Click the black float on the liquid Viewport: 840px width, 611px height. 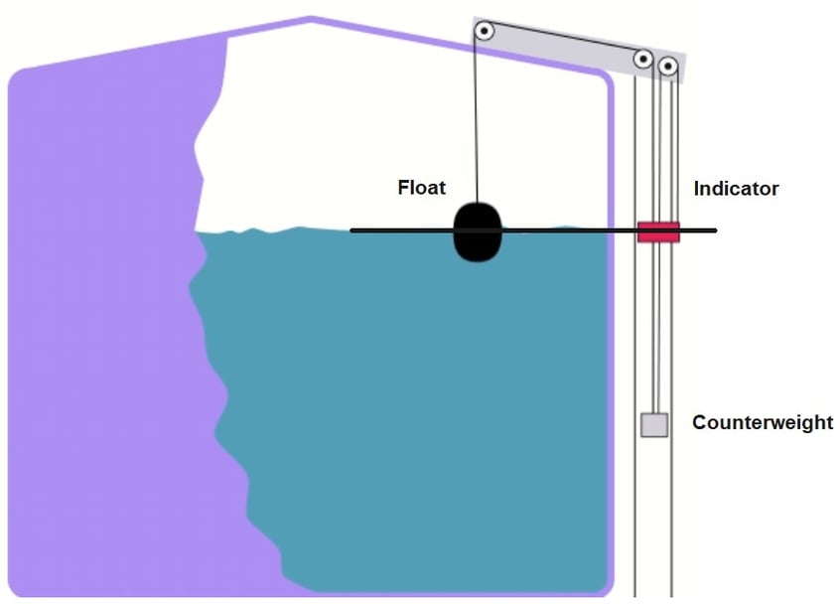(479, 232)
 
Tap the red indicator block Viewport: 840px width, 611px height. (657, 232)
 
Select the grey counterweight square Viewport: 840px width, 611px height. (653, 425)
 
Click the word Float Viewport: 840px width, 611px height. (422, 187)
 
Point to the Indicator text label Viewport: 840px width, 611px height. (736, 188)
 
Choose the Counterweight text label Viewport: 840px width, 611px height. (763, 422)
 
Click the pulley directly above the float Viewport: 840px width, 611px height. (484, 31)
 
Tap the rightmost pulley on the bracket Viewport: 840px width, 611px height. (668, 68)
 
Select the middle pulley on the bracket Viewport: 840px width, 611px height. (643, 61)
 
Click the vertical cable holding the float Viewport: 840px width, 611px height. (478, 119)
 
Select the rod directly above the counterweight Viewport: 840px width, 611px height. (653, 328)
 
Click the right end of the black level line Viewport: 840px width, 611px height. (715, 231)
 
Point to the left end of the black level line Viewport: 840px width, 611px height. (351, 230)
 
